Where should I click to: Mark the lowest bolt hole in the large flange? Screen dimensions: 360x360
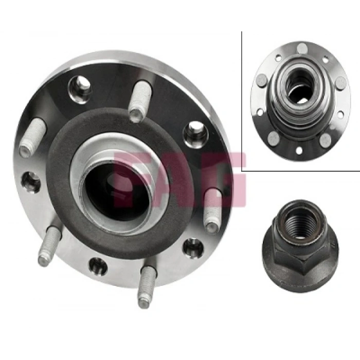click(97, 266)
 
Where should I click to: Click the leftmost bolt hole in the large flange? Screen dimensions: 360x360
click(31, 181)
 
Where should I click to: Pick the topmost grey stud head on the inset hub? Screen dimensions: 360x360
click(302, 49)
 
